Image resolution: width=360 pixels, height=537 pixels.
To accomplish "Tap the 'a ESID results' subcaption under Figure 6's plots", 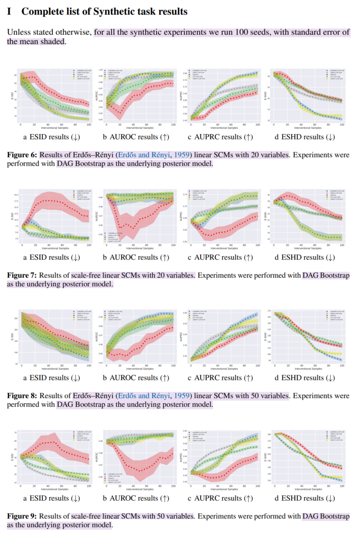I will (51, 137).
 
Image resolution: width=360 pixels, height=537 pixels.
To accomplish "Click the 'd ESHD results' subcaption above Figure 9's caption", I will (305, 498).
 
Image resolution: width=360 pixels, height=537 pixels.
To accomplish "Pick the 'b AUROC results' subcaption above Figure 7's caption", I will (135, 257).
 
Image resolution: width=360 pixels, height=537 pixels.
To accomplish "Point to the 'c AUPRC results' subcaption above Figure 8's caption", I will (220, 378).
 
